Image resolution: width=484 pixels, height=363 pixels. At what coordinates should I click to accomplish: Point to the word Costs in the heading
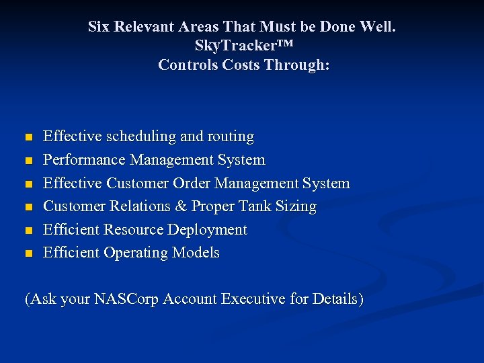(234, 65)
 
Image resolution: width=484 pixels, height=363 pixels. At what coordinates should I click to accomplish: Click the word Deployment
(208, 230)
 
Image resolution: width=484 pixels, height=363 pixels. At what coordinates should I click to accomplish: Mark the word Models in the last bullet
(197, 253)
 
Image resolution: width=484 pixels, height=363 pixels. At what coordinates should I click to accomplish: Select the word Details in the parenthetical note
(336, 299)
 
